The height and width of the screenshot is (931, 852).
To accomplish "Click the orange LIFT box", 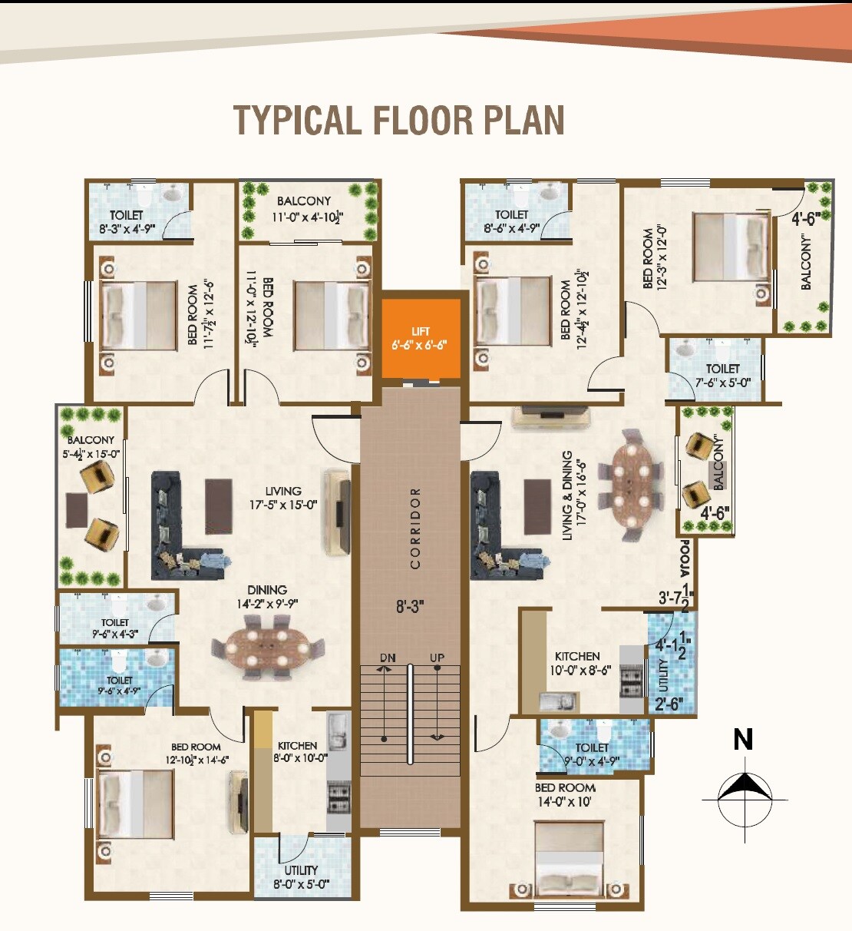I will tap(421, 338).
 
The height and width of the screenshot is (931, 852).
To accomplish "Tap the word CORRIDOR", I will tap(415, 528).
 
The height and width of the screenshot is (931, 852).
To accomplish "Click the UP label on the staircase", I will tap(437, 658).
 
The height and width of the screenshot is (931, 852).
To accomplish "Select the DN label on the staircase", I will tap(388, 658).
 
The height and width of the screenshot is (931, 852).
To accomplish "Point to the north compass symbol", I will tap(743, 787).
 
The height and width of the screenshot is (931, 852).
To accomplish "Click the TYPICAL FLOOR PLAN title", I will tap(398, 121).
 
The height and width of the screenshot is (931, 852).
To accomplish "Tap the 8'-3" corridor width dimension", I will tap(410, 607).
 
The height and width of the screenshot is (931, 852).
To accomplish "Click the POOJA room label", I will tap(685, 559).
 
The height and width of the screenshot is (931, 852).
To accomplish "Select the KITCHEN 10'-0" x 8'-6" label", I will tap(577, 663).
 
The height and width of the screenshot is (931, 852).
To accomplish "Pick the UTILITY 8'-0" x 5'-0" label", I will tap(301, 876).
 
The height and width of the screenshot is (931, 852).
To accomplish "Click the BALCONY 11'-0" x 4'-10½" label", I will tap(306, 209).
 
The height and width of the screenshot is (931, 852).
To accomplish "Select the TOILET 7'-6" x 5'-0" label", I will tap(722, 375).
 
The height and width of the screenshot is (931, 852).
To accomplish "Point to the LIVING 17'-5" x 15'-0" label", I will tap(283, 498).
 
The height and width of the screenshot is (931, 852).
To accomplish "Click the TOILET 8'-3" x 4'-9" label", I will tap(127, 222).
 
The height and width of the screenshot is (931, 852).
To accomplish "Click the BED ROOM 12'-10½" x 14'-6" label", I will tap(196, 753).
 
